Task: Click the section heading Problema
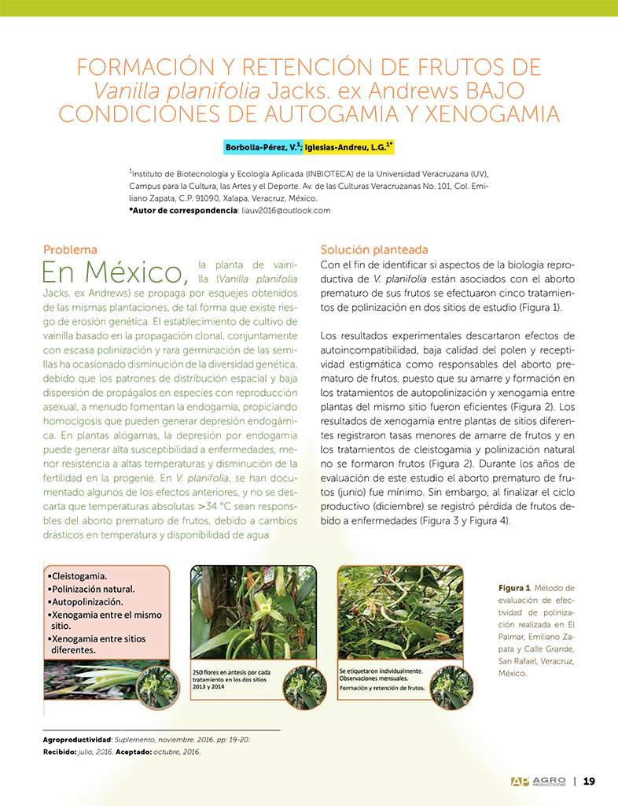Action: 70,250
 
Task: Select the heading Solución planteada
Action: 374,250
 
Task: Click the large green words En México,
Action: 116,272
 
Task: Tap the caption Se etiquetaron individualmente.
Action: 381,671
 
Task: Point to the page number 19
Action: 589,782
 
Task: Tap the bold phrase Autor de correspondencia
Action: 182,210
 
